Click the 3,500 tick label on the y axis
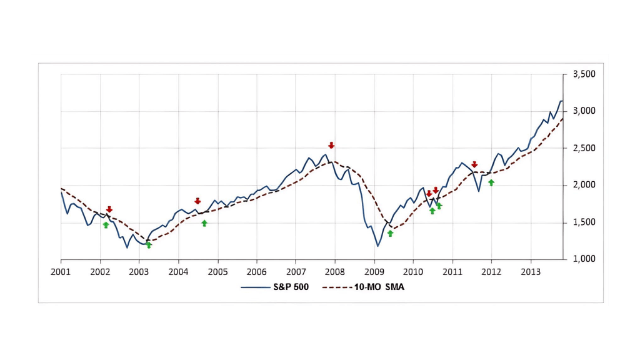tap(584, 74)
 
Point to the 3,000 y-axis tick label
tap(584, 111)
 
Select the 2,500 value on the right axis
tap(584, 149)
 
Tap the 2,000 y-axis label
tap(584, 186)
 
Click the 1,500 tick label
tap(584, 222)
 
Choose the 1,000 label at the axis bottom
tap(584, 259)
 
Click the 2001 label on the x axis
tap(61, 271)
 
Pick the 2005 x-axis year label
tap(217, 271)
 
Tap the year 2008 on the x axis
tap(335, 271)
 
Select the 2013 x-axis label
tap(531, 271)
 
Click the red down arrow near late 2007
tap(331, 145)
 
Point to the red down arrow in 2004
tap(197, 201)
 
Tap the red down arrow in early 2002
tap(109, 209)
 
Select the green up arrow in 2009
tap(390, 233)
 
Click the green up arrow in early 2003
tap(149, 245)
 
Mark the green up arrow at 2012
tap(491, 182)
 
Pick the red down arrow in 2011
tap(474, 164)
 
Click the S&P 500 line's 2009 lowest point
tap(377, 246)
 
